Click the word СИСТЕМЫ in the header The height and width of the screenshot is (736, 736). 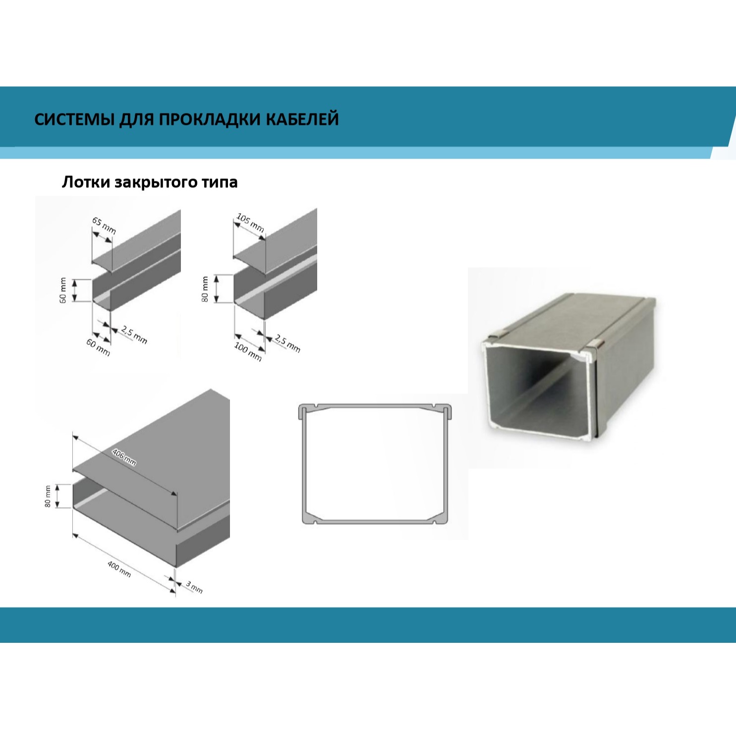tap(74, 120)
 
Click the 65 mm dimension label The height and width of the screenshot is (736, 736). tap(104, 226)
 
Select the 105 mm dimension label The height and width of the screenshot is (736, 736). tap(250, 223)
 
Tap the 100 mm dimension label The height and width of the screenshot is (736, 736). tap(248, 351)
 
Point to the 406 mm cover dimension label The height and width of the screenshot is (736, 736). tap(124, 457)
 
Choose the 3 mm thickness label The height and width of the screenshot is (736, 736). tap(194, 587)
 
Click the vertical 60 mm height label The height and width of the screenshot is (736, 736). tap(63, 290)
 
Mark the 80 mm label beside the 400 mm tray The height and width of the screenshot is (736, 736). tap(48, 496)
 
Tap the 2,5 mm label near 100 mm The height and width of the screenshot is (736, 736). tap(287, 343)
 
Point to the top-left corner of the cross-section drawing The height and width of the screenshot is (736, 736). tap(299, 405)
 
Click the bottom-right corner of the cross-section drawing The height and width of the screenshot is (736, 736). tap(448, 523)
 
